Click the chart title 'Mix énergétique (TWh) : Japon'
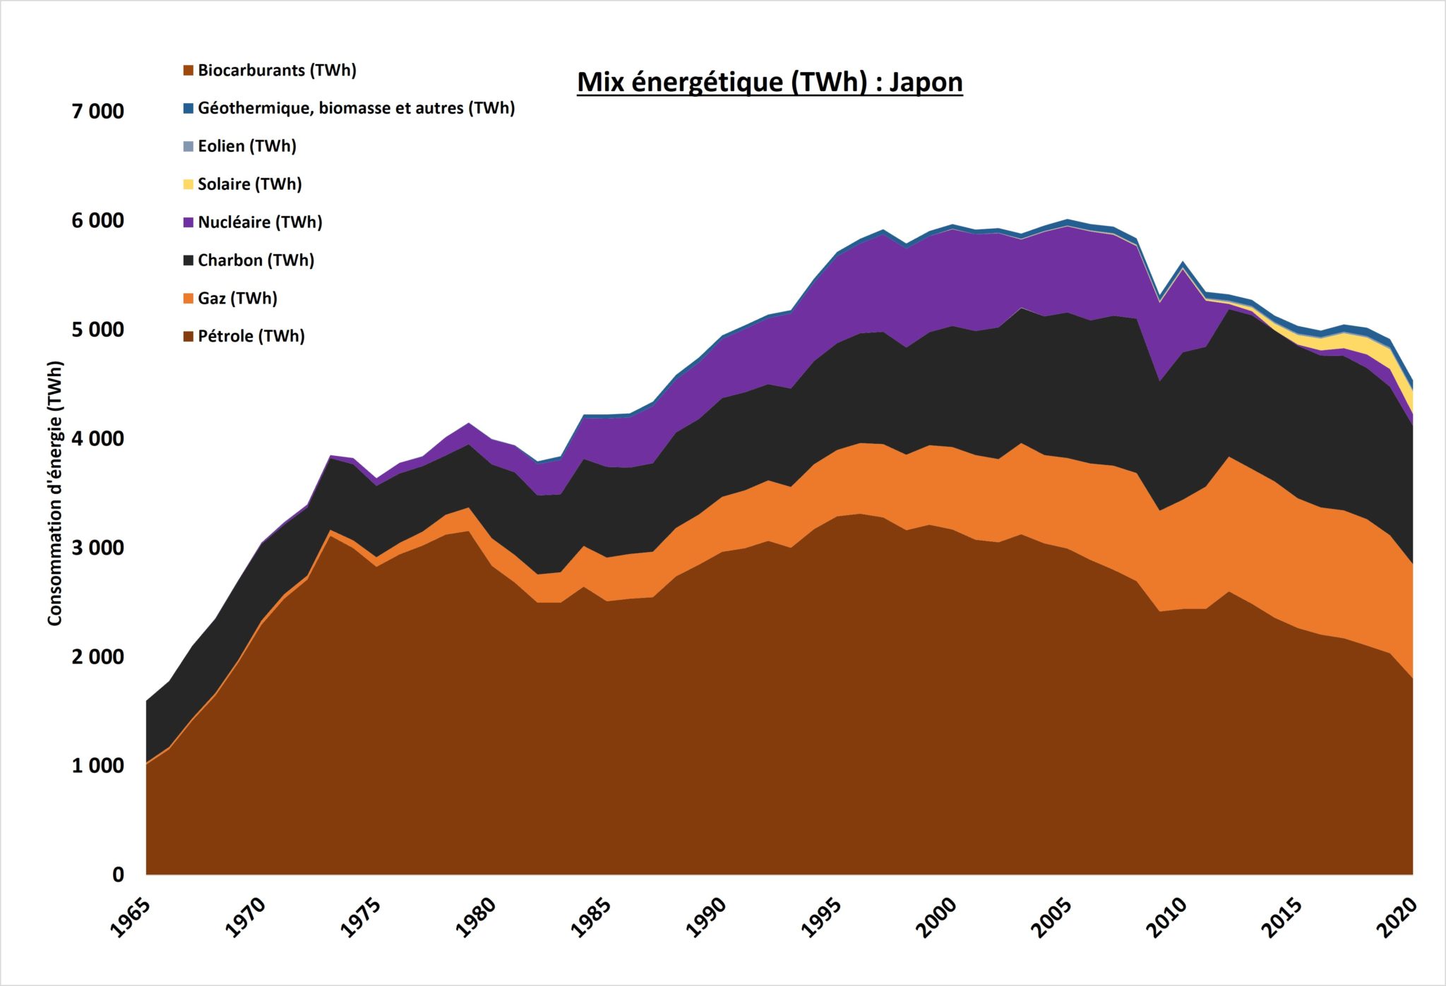(770, 82)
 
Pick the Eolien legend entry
(246, 146)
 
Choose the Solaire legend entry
(249, 184)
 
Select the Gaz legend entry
(237, 299)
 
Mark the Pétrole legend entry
(251, 336)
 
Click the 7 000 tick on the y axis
(97, 112)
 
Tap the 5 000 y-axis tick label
(97, 330)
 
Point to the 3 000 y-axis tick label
(97, 548)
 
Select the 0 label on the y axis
(118, 874)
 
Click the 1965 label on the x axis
(131, 917)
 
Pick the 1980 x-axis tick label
(476, 917)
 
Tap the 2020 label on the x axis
(1397, 917)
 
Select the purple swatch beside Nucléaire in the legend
(189, 222)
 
